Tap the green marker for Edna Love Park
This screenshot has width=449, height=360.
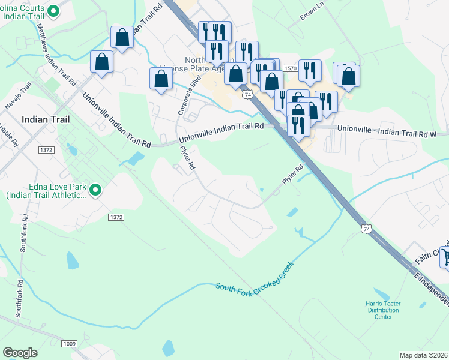click(x=95, y=191)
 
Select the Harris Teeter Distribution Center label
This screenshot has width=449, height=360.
click(x=384, y=310)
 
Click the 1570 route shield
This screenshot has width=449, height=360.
click(x=290, y=70)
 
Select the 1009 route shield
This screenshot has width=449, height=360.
click(x=69, y=343)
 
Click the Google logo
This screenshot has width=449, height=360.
click(x=20, y=352)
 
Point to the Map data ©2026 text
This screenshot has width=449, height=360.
click(x=423, y=355)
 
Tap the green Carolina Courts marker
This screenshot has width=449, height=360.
click(x=53, y=10)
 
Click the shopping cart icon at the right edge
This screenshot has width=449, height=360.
click(x=445, y=257)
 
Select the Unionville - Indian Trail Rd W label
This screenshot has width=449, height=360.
click(x=390, y=128)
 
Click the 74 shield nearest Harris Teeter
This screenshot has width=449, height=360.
click(x=366, y=229)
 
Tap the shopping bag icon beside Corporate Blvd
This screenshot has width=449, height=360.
click(x=161, y=79)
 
